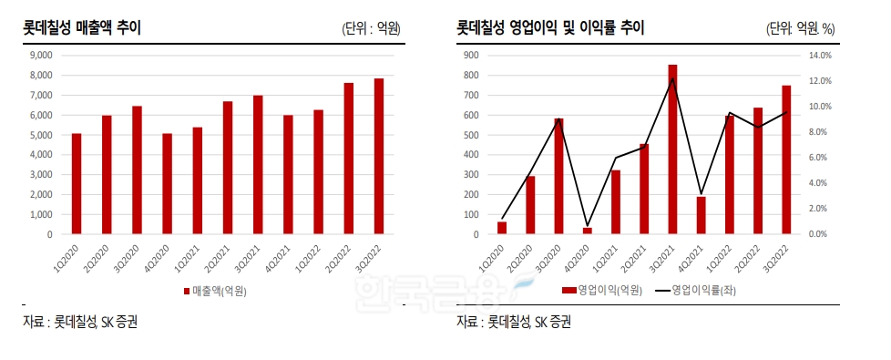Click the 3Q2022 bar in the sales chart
[x=378, y=157]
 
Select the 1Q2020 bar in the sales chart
[x=77, y=184]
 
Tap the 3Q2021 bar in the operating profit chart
[x=672, y=149]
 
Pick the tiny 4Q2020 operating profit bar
[x=587, y=231]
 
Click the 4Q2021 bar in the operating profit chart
[x=701, y=216]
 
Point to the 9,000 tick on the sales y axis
[x=42, y=55]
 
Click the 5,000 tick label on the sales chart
[x=42, y=135]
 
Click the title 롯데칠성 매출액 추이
[x=82, y=28]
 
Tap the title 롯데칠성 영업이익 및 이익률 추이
[x=550, y=28]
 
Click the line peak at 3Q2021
[x=672, y=79]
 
